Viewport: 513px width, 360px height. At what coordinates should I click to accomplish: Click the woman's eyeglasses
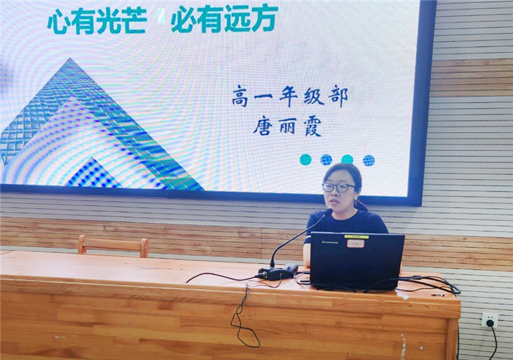coord(338,188)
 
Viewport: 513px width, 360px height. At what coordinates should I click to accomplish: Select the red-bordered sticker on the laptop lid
coord(355,242)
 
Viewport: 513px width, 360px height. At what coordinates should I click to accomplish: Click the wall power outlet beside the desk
coord(489,320)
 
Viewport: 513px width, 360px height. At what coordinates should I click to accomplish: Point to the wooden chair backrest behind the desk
coord(113,245)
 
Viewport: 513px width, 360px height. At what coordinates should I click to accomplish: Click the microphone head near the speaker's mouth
coord(327,213)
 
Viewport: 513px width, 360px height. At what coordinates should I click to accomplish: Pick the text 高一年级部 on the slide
coord(289,96)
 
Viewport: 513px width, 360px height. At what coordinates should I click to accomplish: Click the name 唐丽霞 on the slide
coord(287,126)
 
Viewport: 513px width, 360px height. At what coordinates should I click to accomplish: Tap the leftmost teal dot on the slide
coord(306,160)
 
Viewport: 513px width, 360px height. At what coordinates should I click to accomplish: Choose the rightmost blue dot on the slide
coord(369,160)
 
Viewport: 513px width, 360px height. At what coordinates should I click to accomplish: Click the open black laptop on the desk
coord(356,260)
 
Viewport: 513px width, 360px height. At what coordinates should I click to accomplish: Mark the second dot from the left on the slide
coord(326,160)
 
